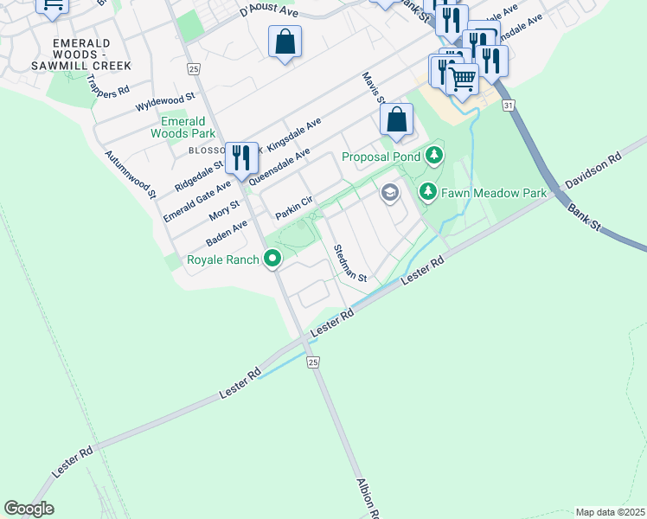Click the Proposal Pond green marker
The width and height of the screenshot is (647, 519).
(x=434, y=157)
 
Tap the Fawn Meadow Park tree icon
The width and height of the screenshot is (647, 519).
(x=426, y=191)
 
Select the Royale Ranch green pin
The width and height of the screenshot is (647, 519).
(x=272, y=258)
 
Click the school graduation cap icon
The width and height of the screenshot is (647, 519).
(x=390, y=193)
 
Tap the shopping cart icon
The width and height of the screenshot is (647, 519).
(x=463, y=79)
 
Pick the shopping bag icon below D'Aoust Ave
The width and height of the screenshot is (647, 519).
(x=285, y=42)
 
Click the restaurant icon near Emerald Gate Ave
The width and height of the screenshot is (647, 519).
(x=241, y=157)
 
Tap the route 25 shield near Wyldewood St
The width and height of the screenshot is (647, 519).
(x=193, y=68)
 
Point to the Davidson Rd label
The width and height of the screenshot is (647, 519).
(x=593, y=171)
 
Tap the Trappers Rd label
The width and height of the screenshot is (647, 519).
(x=111, y=89)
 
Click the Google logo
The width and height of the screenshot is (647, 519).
(x=29, y=509)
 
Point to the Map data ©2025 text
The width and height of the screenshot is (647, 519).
(x=610, y=512)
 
